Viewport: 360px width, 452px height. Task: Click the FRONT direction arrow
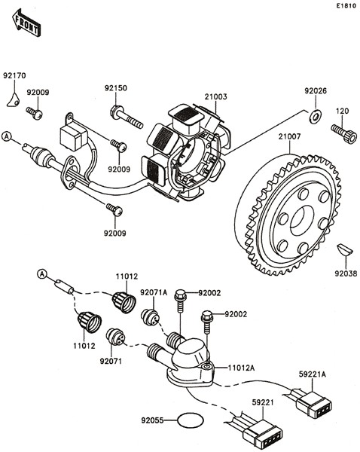coord(26,23)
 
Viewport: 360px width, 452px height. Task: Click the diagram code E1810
coord(346,6)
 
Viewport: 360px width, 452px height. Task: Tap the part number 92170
coord(14,75)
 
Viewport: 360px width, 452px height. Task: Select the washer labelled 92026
coord(316,116)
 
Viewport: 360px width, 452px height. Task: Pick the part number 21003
coord(216,96)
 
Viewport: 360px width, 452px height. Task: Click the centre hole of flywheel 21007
coord(302,220)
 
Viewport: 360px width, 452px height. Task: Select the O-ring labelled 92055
coord(191,420)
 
